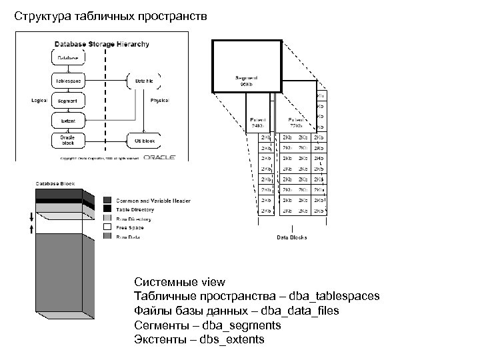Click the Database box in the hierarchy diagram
[67, 58]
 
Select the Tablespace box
[67, 81]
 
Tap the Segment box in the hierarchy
[67, 101]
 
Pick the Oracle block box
[67, 141]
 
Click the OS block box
[144, 141]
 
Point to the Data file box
[144, 81]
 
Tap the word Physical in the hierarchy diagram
[159, 100]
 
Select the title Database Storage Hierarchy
[101, 45]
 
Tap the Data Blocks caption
[291, 237]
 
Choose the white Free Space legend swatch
[107, 227]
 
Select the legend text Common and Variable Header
[153, 200]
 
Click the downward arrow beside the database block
[29, 217]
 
